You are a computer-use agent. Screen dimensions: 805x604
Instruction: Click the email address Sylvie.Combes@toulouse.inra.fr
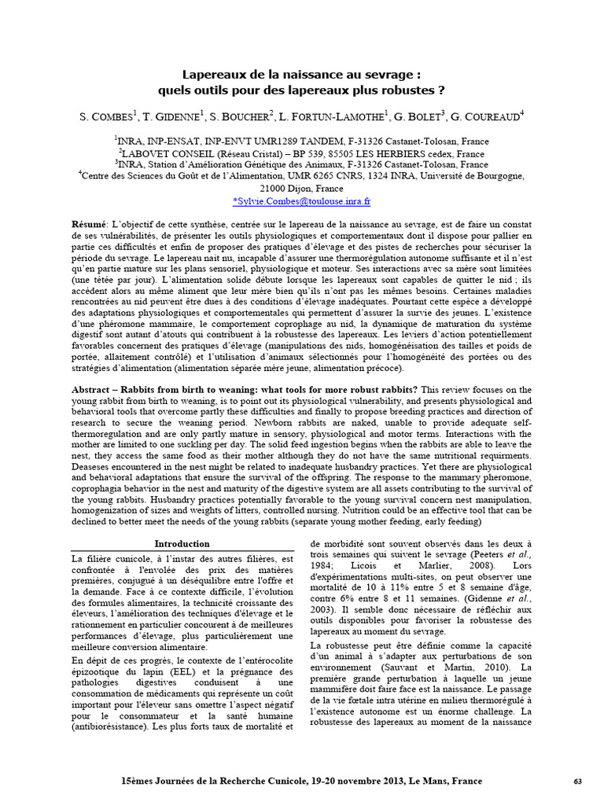302,201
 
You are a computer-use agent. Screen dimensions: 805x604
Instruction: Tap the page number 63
577,781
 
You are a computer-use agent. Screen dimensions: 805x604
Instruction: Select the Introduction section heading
182,543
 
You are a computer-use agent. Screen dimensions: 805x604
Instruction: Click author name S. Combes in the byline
108,117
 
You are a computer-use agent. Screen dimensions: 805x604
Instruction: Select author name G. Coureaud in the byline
487,117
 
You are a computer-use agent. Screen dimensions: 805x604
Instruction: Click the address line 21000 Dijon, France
302,189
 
